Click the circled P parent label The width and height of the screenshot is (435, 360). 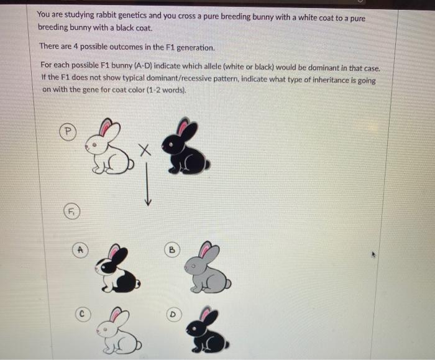pos(68,132)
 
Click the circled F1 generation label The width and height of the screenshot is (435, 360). pos(72,212)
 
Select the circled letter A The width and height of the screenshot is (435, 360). pos(80,250)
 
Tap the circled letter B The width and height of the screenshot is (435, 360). pos(172,250)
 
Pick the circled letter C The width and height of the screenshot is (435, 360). pos(83,314)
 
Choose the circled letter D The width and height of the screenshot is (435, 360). pos(173,315)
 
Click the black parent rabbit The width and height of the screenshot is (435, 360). pos(186,145)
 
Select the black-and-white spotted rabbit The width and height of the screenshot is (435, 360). pos(117,269)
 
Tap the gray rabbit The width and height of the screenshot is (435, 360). pos(208,267)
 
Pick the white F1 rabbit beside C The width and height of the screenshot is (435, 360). pos(119,330)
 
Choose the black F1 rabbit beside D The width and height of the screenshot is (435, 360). pos(208,330)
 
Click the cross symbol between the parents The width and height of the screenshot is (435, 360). pos(145,150)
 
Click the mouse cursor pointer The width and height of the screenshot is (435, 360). pos(373,254)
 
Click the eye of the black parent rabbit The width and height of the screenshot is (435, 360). pos(171,145)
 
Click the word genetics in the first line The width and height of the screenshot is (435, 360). pos(132,16)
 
